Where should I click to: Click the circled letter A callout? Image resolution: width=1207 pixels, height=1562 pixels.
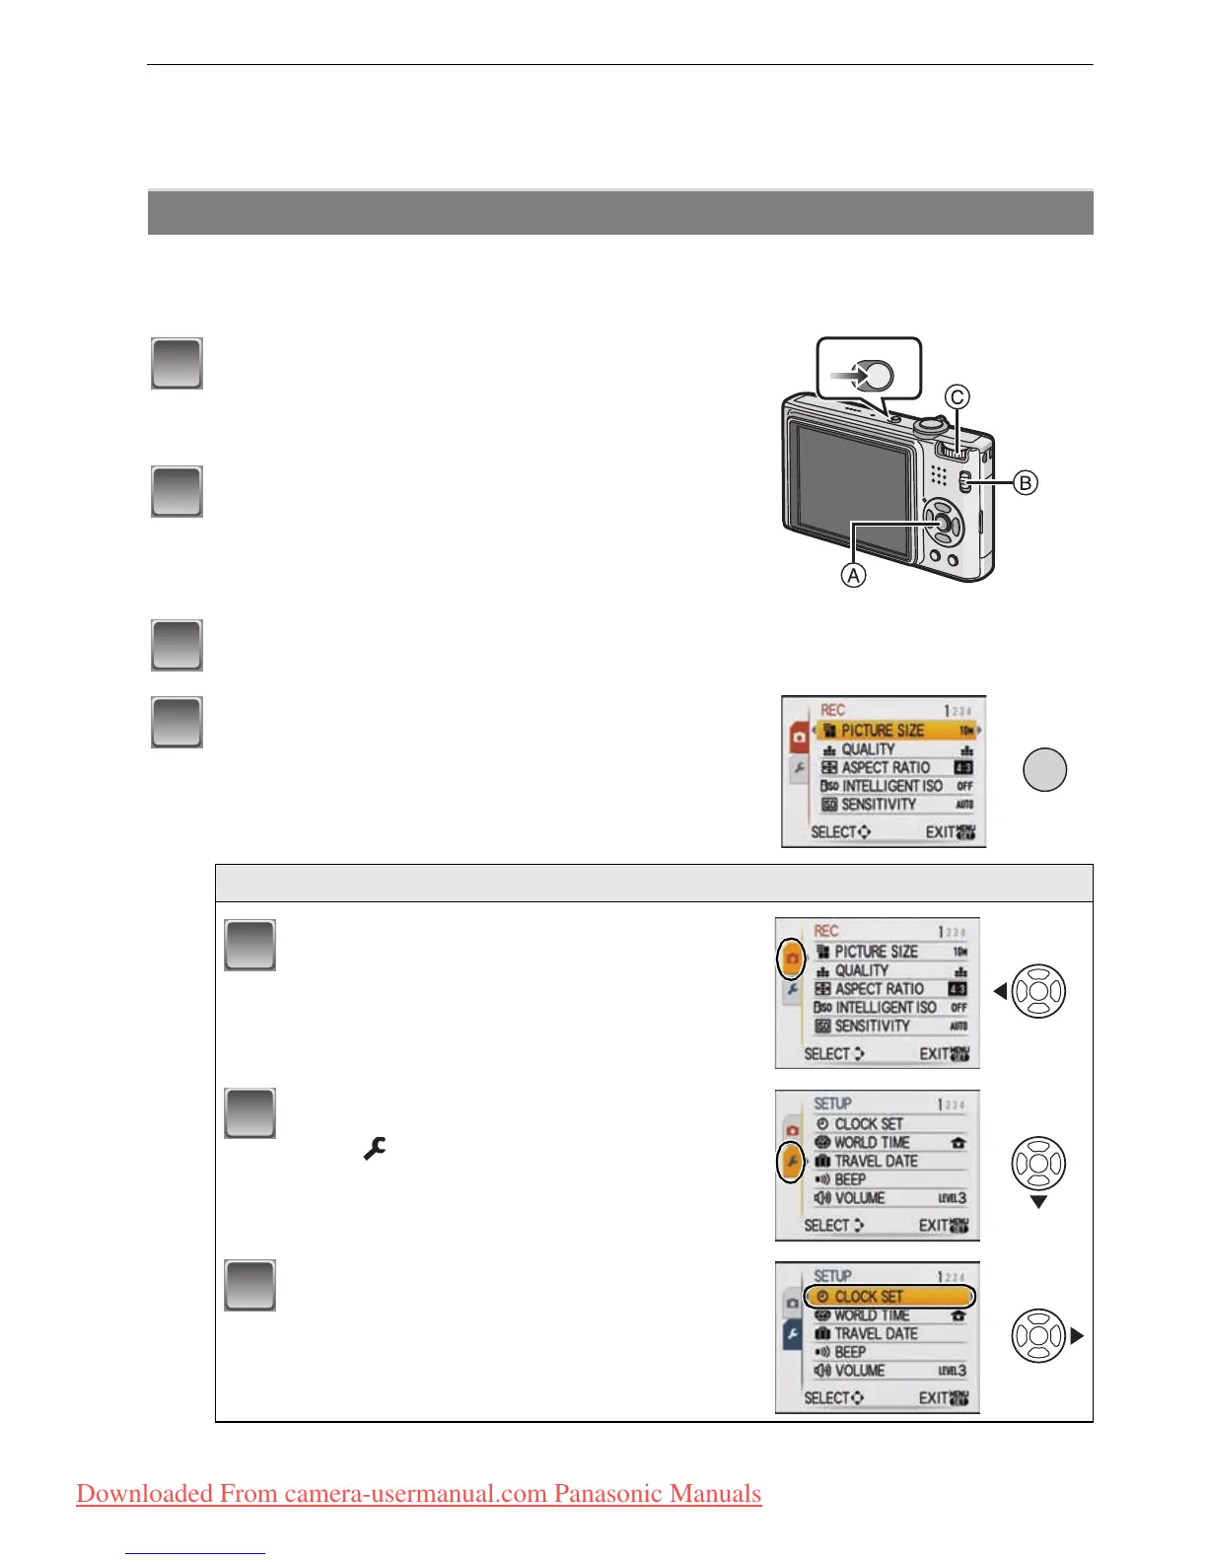853,574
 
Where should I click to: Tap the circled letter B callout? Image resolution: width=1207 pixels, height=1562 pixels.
1026,482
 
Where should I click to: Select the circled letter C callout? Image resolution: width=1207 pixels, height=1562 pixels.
957,397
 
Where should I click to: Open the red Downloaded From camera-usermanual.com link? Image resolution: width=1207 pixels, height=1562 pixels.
419,1493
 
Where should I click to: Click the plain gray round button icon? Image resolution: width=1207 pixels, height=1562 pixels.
1044,770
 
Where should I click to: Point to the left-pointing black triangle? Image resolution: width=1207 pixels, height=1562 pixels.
1000,991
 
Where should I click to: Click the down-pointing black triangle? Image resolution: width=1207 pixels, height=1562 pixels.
1038,1202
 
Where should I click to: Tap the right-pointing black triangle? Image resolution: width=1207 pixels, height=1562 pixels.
1077,1336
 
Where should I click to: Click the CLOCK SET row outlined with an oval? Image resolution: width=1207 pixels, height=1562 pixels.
889,1296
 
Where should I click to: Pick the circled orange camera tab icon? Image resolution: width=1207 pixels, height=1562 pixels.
792,958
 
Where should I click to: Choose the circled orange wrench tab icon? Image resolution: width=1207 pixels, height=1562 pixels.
792,1161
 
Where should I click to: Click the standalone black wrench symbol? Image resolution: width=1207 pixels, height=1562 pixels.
375,1148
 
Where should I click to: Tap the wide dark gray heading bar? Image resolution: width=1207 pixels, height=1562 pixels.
620,212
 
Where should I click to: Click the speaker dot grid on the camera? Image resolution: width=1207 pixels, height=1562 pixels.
939,475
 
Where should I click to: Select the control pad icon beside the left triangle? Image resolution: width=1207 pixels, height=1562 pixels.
1038,991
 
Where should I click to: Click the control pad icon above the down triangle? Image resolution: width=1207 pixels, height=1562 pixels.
1038,1164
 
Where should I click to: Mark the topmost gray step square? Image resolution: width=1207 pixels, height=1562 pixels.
177,363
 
